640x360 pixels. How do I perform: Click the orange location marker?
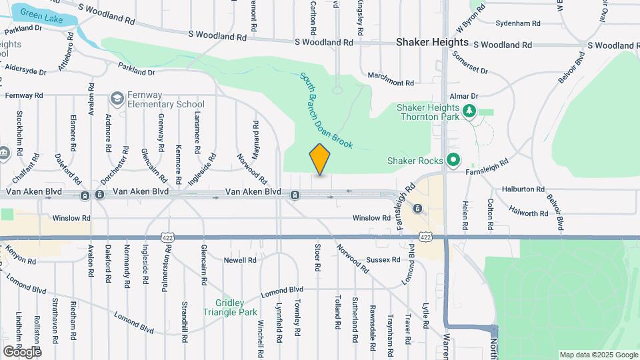[x=320, y=160]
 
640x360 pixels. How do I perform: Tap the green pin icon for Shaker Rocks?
[x=454, y=160]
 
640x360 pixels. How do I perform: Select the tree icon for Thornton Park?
[x=471, y=110]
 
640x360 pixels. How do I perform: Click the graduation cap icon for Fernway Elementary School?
[x=117, y=99]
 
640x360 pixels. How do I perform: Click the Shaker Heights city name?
[x=432, y=42]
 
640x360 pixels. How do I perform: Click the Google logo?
[x=22, y=351]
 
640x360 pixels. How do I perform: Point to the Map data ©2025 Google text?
[x=598, y=355]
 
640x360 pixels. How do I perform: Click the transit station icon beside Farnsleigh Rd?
[x=417, y=208]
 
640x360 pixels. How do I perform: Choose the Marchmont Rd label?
[x=391, y=83]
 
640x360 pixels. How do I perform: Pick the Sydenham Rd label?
[x=518, y=23]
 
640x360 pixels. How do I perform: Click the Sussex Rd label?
[x=382, y=259]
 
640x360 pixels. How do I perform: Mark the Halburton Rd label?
[x=523, y=189]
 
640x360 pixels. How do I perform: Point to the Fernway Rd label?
[x=24, y=95]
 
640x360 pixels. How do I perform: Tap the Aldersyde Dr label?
[x=25, y=69]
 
